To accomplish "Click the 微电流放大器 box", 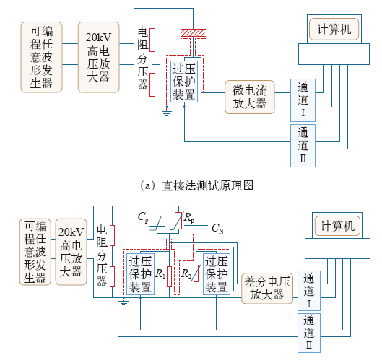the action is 250,97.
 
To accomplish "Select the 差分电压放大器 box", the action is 267,288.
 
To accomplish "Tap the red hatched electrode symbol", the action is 193,33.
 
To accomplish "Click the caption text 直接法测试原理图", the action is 208,185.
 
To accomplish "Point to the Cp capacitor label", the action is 143,217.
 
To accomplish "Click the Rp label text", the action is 189,217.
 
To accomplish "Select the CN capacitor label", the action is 217,229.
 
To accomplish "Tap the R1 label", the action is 160,273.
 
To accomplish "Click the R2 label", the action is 186,273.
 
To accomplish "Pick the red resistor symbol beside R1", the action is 169,276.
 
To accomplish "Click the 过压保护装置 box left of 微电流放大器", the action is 184,82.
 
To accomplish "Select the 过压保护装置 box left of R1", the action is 140,274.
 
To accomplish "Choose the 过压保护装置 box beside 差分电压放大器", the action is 217,274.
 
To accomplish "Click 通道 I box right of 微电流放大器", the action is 303,100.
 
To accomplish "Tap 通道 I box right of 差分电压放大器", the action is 309,291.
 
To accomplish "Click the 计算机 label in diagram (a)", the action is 334,29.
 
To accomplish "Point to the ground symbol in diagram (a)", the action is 167,113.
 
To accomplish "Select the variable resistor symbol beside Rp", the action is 178,221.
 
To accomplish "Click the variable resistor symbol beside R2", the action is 196,273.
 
